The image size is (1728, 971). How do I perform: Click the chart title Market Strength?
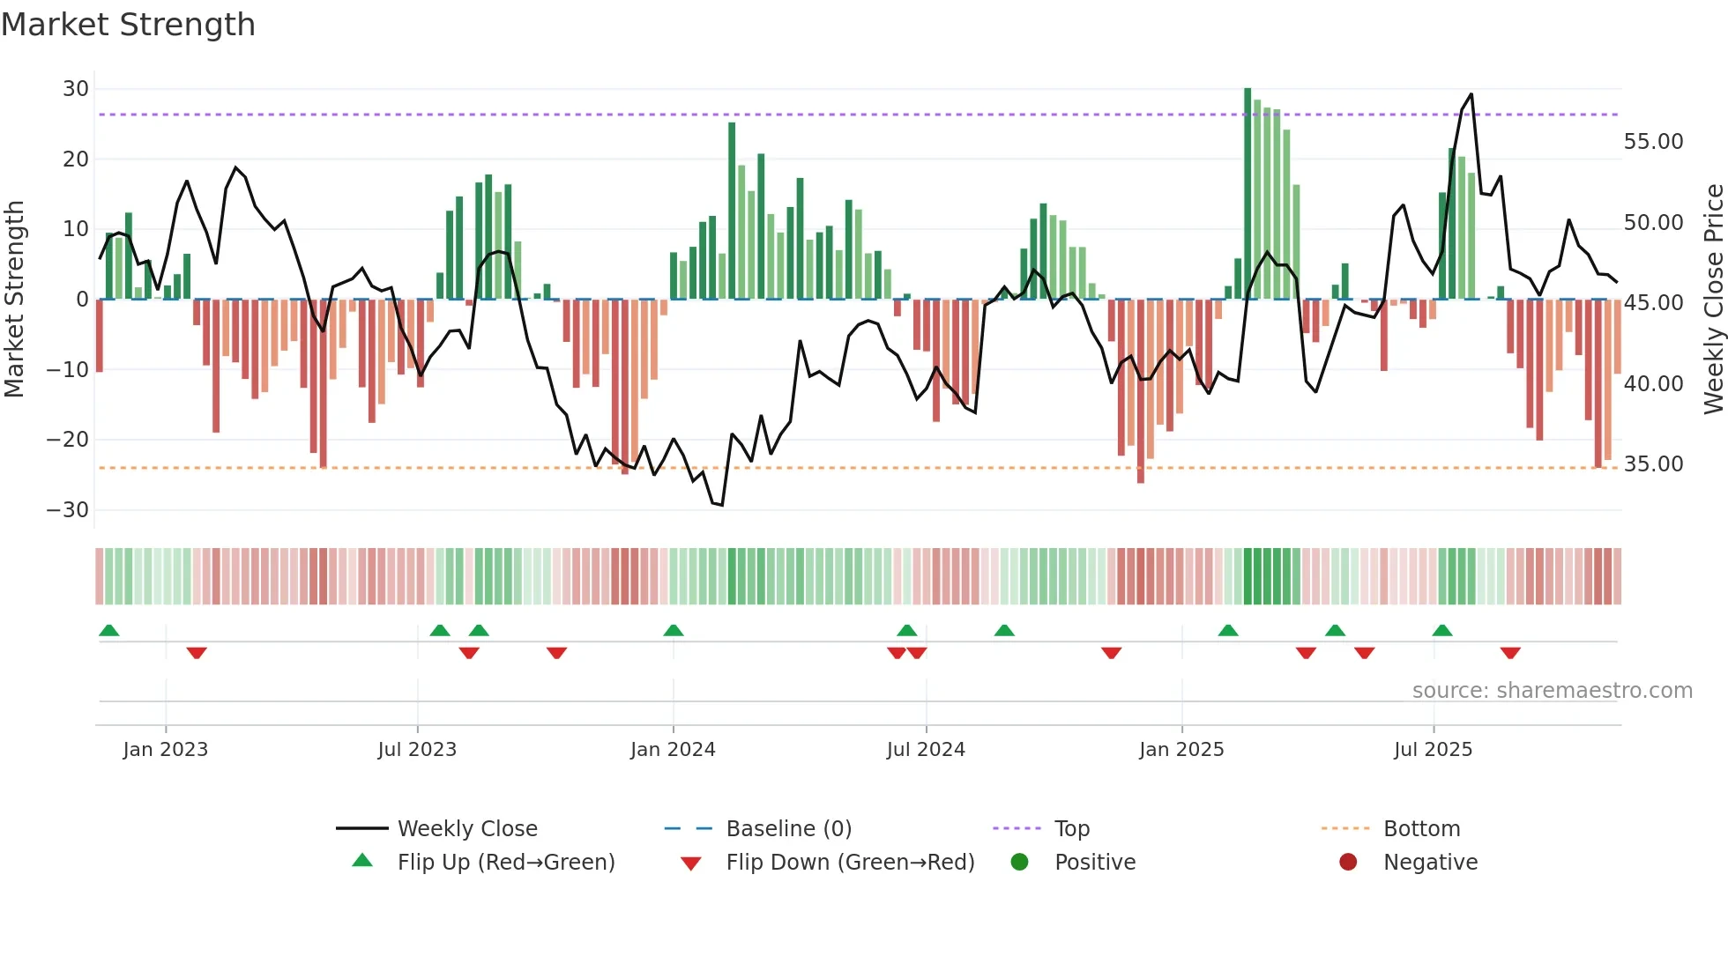pos(129,25)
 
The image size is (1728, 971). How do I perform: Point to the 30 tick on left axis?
pos(76,89)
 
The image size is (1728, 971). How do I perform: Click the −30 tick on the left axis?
pos(68,510)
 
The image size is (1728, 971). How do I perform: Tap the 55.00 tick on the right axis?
pos(1653,142)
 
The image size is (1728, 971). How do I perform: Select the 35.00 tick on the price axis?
pos(1653,464)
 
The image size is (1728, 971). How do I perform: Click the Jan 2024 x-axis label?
pos(673,750)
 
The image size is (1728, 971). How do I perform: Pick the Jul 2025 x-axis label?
pos(1433,750)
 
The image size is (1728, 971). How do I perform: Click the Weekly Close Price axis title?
pos(1713,300)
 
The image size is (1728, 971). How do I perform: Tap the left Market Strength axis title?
pos(15,300)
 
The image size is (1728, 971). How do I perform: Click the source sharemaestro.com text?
pos(1552,691)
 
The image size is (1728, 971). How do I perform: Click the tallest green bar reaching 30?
pos(1248,194)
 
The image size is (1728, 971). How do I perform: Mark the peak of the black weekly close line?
pos(1471,94)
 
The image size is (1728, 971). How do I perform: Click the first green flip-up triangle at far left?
pos(109,631)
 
